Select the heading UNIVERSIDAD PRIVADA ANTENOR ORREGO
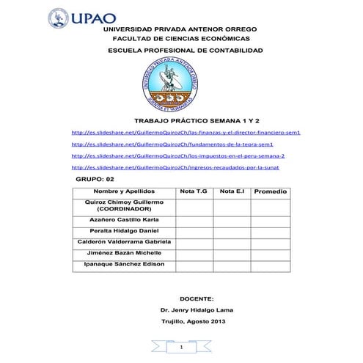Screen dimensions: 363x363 click(181, 29)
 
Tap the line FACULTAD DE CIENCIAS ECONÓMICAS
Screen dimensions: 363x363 click(182, 38)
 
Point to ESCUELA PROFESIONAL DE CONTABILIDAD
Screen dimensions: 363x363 click(184, 51)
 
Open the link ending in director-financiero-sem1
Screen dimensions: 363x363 click(186, 133)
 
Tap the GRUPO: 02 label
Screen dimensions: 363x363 click(95, 179)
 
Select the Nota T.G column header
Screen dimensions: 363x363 click(194, 191)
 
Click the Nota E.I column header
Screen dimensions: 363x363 click(232, 191)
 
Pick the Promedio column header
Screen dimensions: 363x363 click(270, 192)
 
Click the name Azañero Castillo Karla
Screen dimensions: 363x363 click(123, 219)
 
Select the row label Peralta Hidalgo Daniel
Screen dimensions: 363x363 click(123, 230)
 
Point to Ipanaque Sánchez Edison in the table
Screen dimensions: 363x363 click(124, 263)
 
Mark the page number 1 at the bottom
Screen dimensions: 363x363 click(180, 346)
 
